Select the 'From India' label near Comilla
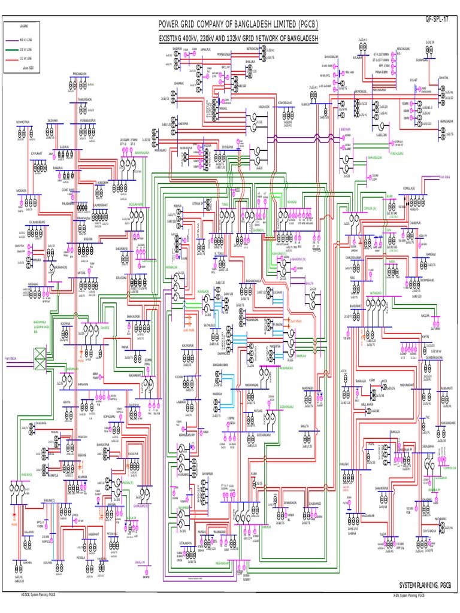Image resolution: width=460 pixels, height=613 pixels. pyautogui.click(x=443, y=177)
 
